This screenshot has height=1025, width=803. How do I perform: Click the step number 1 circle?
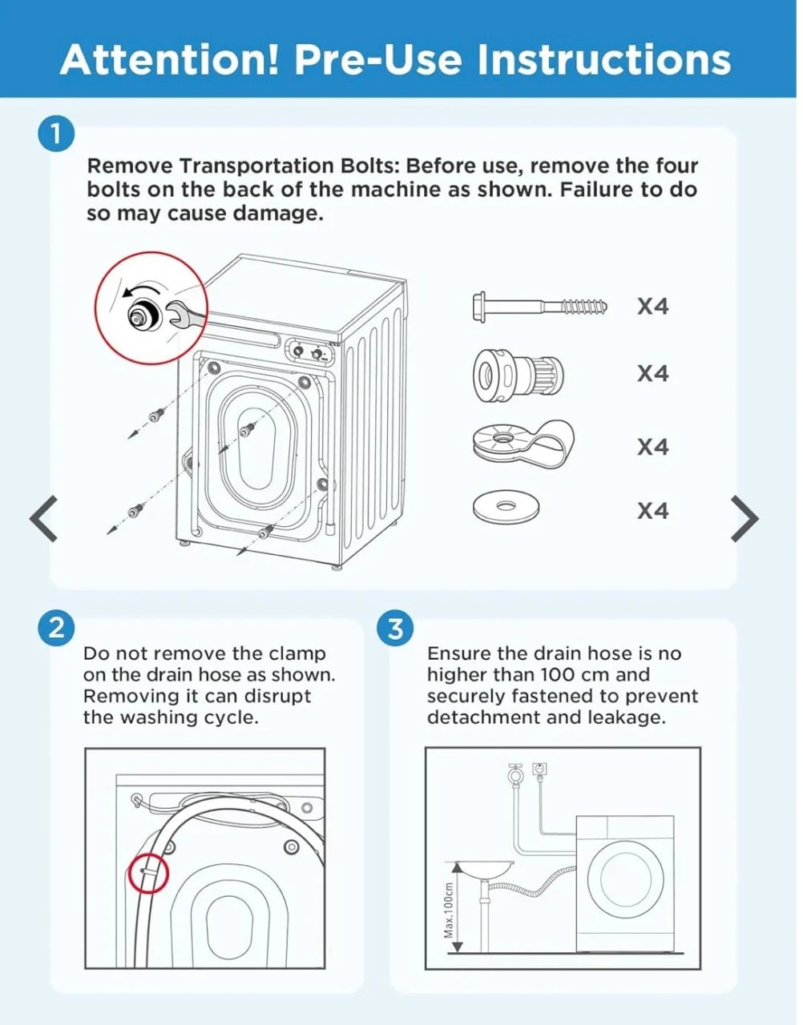tap(56, 134)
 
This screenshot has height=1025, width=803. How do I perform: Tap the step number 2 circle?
tap(56, 629)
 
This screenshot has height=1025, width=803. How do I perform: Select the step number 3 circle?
tap(395, 629)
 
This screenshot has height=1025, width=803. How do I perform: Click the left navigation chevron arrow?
tap(43, 518)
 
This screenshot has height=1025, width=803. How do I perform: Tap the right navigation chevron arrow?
tap(744, 518)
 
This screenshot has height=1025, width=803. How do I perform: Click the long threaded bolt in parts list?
tap(539, 307)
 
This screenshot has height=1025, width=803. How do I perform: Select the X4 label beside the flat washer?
tap(653, 511)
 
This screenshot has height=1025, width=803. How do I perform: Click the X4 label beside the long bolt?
tap(653, 307)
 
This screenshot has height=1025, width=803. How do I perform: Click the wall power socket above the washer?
tap(539, 769)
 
